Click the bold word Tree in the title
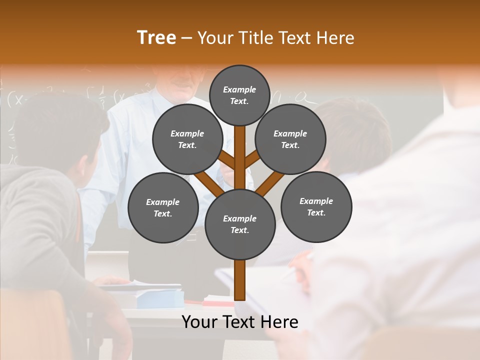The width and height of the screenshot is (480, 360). (156, 37)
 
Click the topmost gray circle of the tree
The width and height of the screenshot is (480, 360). (239, 95)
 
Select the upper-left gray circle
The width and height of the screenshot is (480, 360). (187, 139)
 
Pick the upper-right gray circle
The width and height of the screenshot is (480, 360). (290, 139)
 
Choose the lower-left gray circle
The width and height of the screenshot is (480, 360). (163, 207)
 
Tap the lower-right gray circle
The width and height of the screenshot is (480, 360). (316, 206)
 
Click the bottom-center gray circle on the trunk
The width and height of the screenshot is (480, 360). (240, 224)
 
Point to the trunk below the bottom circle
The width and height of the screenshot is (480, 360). (240, 280)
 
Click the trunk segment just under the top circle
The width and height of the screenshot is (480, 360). (240, 145)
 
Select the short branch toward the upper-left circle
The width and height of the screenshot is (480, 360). (227, 161)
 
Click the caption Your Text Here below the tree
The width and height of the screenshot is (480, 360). (240, 322)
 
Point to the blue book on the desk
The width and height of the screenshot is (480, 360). (160, 299)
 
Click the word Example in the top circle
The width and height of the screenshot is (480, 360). (239, 89)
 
